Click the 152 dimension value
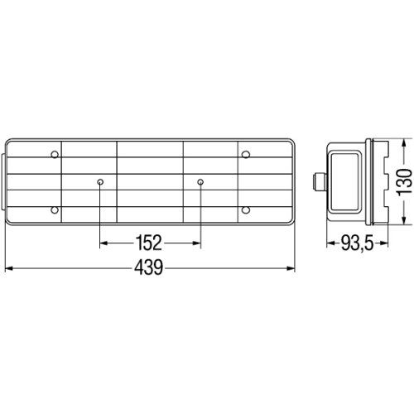click(148, 243)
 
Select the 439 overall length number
click(149, 267)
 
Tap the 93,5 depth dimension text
click(358, 243)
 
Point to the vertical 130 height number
click(404, 182)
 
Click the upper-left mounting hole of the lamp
click(55, 155)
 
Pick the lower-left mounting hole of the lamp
click(55, 210)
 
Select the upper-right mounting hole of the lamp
click(246, 155)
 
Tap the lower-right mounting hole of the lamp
click(246, 210)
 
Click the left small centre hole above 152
click(100, 182)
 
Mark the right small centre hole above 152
click(200, 182)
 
